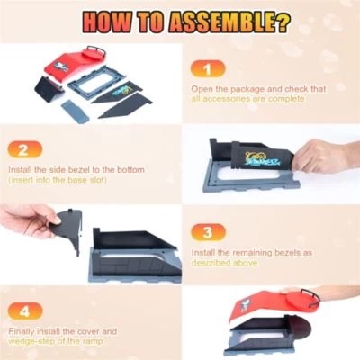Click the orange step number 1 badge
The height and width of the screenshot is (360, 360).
pyautogui.click(x=208, y=68)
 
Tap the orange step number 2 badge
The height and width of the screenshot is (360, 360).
pyautogui.click(x=23, y=149)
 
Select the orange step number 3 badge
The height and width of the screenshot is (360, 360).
pyautogui.click(x=208, y=232)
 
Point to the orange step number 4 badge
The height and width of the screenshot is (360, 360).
pyautogui.click(x=24, y=311)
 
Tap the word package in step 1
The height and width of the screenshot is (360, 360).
pyautogui.click(x=238, y=89)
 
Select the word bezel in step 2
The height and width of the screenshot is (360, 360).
pyautogui.click(x=78, y=169)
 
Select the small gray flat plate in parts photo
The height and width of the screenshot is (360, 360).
pyautogui.click(x=76, y=112)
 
